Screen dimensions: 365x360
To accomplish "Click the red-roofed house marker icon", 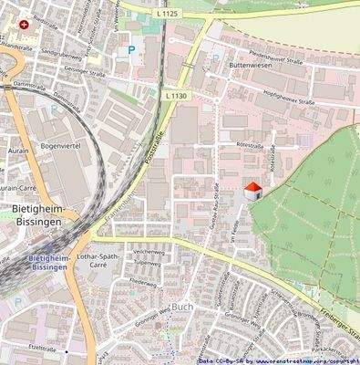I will coord(254,190).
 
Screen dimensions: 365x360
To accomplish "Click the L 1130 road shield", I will coord(177,95).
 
